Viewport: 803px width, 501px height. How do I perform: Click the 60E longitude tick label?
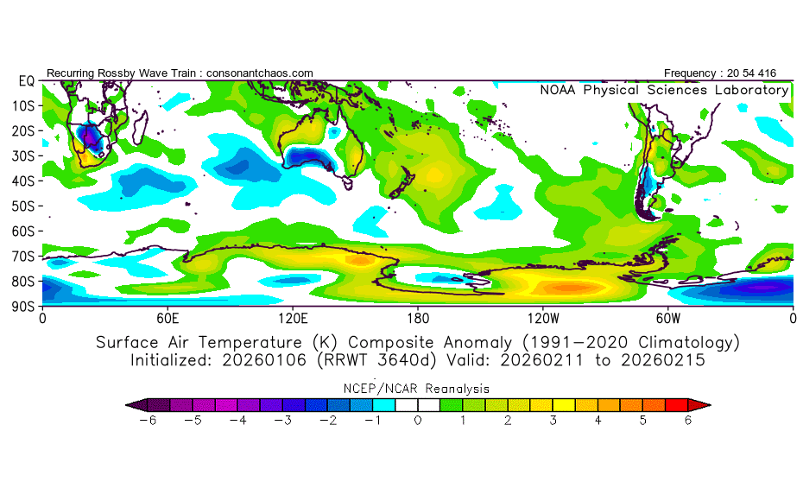[168, 317]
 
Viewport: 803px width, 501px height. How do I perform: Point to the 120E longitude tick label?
[293, 317]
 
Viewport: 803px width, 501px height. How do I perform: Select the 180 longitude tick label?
[418, 317]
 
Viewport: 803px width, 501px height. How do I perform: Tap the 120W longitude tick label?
[543, 317]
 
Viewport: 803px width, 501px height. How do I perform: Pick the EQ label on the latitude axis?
[26, 80]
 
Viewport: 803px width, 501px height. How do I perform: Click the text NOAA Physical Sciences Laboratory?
[664, 90]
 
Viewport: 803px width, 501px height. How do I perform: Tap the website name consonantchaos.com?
[259, 73]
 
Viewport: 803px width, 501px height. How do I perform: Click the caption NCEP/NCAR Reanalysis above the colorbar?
[418, 389]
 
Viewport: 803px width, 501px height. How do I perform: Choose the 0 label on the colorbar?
[418, 421]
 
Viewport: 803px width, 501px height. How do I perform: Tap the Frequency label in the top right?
[693, 73]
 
